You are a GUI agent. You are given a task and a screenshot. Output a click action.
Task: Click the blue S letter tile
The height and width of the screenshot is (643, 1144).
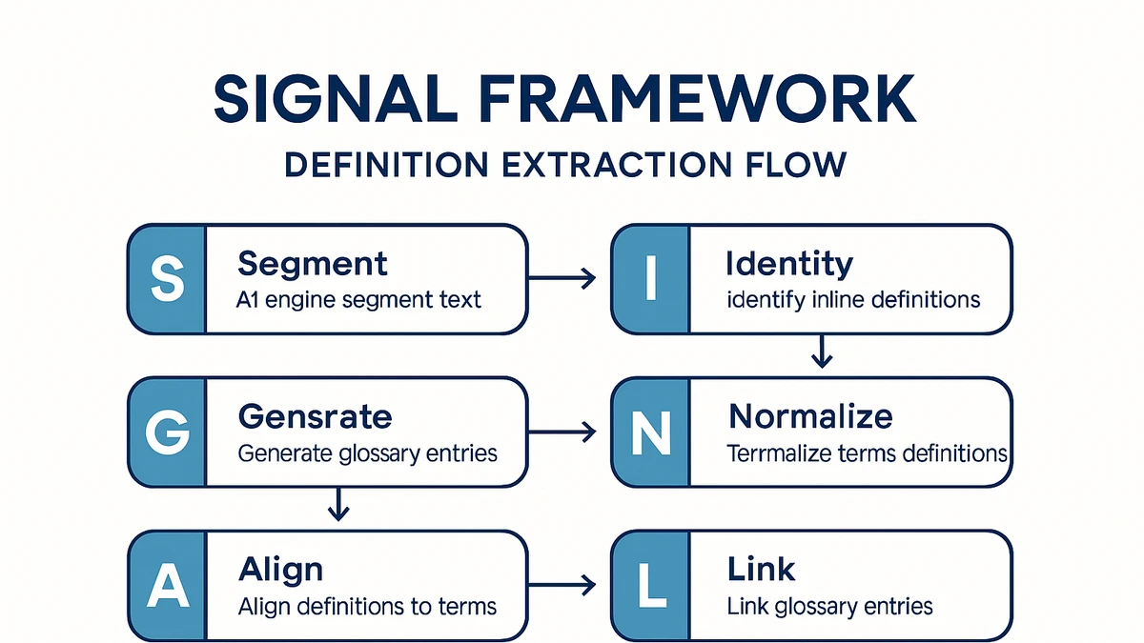pyautogui.click(x=166, y=279)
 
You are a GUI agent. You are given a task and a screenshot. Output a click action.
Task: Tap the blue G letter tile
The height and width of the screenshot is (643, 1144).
pyautogui.click(x=166, y=432)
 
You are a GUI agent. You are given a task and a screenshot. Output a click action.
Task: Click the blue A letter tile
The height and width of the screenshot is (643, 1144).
pyautogui.click(x=166, y=586)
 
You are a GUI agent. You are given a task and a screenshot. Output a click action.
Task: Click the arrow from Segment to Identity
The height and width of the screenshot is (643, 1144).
pyautogui.click(x=562, y=279)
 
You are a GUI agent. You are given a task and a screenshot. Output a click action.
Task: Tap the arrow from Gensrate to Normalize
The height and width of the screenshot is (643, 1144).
pyautogui.click(x=562, y=432)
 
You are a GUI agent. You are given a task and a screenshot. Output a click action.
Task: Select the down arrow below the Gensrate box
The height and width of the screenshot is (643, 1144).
pyautogui.click(x=336, y=505)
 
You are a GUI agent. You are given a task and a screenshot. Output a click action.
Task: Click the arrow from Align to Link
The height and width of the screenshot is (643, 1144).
pyautogui.click(x=562, y=585)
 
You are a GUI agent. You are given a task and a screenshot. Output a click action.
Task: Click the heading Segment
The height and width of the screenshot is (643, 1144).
pyautogui.click(x=313, y=263)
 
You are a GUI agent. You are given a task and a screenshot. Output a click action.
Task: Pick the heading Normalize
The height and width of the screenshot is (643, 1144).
pyautogui.click(x=810, y=416)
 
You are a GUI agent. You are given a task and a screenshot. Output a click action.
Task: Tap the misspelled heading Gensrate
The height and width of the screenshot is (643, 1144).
pyautogui.click(x=315, y=416)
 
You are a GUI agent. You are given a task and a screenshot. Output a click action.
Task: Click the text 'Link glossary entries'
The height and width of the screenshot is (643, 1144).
pyautogui.click(x=829, y=606)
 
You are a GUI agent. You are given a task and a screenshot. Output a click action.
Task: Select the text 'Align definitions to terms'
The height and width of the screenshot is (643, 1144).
pyautogui.click(x=367, y=606)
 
